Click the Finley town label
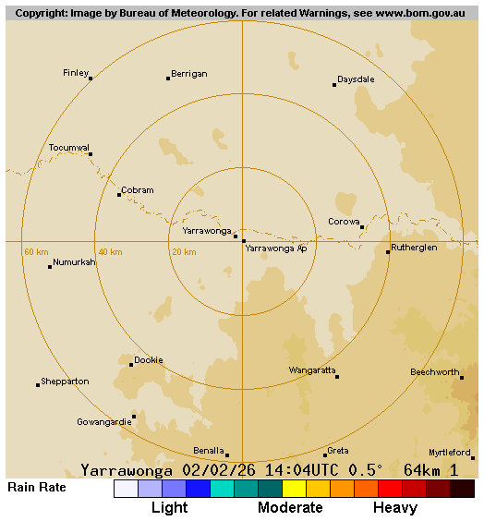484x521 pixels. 76,72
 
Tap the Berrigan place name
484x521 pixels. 188,74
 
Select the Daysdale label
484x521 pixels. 356,79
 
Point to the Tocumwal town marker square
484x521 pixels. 91,154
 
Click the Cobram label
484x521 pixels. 137,190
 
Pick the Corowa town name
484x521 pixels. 344,222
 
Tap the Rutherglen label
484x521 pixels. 414,248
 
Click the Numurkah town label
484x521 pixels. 74,262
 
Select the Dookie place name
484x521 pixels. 148,360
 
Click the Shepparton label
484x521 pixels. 65,381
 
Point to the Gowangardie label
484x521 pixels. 103,422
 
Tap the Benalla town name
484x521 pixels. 208,451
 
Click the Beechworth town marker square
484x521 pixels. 462,377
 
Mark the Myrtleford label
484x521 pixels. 449,453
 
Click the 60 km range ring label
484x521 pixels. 36,252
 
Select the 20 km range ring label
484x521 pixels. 183,252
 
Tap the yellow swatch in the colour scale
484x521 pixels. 294,489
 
